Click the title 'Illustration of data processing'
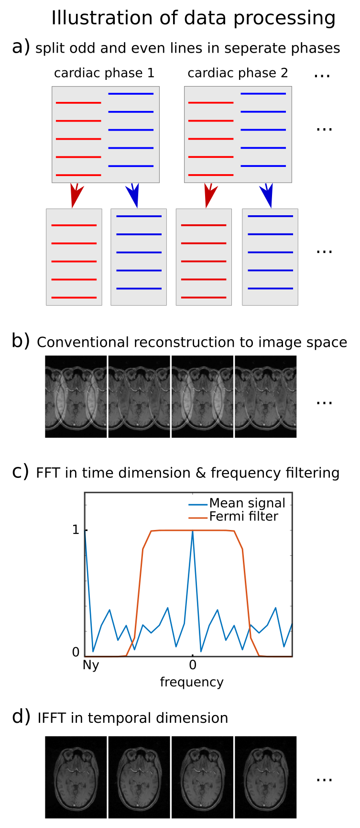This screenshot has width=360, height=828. [193, 18]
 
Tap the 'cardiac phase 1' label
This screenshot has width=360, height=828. [104, 73]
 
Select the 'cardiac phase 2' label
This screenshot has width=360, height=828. [238, 73]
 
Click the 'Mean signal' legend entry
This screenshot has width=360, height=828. [247, 503]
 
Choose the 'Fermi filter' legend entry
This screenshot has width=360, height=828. [243, 517]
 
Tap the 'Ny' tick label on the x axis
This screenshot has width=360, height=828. [91, 665]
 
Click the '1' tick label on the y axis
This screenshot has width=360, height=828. [76, 530]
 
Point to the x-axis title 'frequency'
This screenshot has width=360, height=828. [192, 682]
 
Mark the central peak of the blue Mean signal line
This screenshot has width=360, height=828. [192, 532]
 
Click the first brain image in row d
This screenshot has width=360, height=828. [76, 777]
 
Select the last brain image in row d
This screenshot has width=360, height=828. [265, 777]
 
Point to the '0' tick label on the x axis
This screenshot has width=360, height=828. [192, 665]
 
